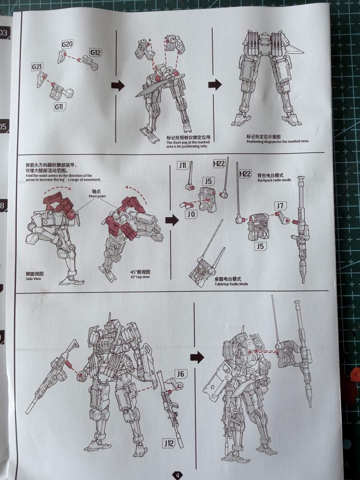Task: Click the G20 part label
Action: tap(67, 44)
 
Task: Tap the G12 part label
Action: tap(96, 52)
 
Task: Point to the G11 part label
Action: tap(60, 107)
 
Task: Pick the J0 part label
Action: tap(191, 214)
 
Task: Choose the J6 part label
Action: tap(181, 374)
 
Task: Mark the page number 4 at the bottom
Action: tap(178, 475)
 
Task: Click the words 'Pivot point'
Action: tap(97, 196)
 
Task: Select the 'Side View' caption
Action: tap(33, 279)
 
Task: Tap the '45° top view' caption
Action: tap(140, 277)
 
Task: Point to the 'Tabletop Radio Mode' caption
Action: tap(231, 284)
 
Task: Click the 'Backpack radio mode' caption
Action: tap(274, 180)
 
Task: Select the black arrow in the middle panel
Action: tap(172, 220)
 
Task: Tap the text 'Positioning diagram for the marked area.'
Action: tap(278, 141)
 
